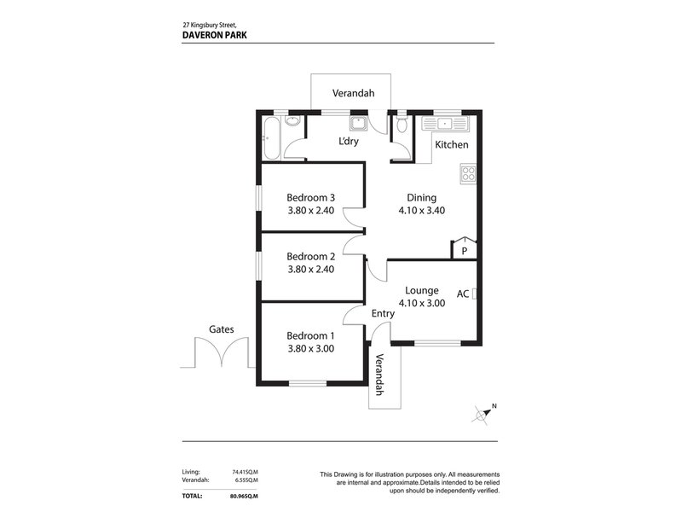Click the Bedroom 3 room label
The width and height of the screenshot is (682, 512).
[x=310, y=198]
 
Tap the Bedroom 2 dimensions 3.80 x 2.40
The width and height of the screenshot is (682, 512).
[x=310, y=269]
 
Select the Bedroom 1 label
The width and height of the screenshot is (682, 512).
[x=310, y=335]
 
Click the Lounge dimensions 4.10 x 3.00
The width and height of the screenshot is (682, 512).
[x=422, y=302]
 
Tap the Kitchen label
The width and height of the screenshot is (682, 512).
[x=452, y=145]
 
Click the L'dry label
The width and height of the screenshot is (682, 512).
[x=349, y=142]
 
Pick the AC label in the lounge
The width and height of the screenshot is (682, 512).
[x=463, y=294]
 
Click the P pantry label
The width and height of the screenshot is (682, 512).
[x=464, y=251]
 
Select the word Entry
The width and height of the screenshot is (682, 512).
[x=383, y=314]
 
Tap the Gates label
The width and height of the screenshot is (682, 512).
[x=221, y=329]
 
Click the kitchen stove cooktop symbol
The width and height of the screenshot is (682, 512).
[x=468, y=174]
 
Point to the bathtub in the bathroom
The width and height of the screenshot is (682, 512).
[x=270, y=140]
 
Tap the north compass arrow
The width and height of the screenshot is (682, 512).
[x=484, y=414]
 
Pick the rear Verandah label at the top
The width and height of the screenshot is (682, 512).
[x=350, y=93]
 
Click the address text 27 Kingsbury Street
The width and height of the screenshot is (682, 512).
[x=217, y=24]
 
